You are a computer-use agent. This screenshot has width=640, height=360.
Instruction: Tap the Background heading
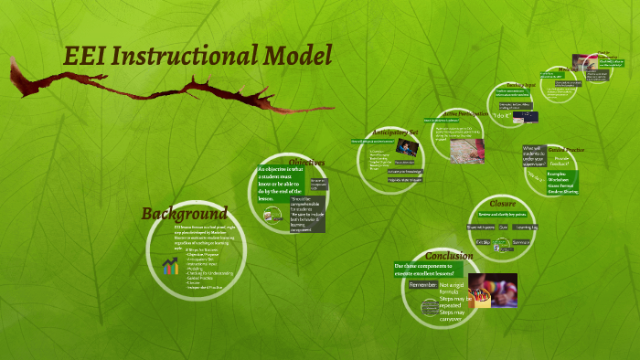pyautogui.click(x=184, y=213)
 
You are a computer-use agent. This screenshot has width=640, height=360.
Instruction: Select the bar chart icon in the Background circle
pyautogui.click(x=170, y=266)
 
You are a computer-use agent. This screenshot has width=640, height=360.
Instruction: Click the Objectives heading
pyautogui.click(x=306, y=163)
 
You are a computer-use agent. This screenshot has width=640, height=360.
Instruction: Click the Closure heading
pyautogui.click(x=501, y=203)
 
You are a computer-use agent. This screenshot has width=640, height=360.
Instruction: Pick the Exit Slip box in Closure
pyautogui.click(x=485, y=242)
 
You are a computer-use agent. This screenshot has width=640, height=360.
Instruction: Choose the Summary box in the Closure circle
pyautogui.click(x=521, y=242)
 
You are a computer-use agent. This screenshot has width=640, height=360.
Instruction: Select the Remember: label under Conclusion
pyautogui.click(x=422, y=285)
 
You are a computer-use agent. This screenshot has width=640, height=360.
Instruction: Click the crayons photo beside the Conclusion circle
pyautogui.click(x=493, y=290)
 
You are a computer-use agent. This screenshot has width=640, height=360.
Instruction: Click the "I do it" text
pyautogui.click(x=500, y=116)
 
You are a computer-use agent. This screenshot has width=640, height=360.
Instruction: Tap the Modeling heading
pyautogui.click(x=568, y=69)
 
